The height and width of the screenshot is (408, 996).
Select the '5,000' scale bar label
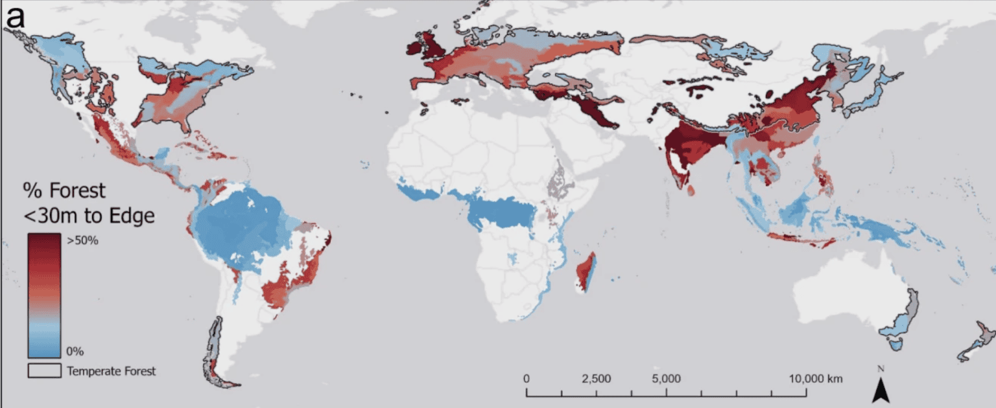pos(667,379)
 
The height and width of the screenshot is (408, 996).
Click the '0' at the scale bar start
pos(527,379)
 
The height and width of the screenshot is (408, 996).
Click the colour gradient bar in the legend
pos(43,295)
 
